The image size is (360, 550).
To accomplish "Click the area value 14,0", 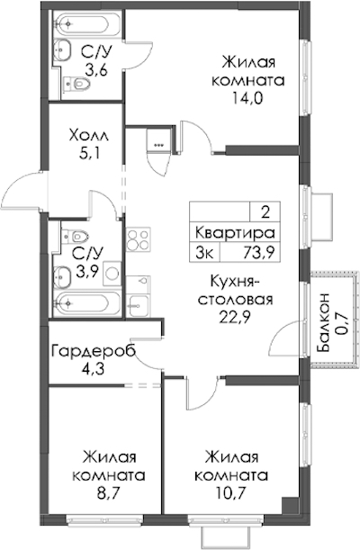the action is (247, 98).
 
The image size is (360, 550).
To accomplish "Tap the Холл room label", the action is (89, 135).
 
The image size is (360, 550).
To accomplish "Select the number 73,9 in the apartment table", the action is (259, 252).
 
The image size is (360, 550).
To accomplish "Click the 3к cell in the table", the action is (204, 252).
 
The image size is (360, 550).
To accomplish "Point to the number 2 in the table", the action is (265, 212).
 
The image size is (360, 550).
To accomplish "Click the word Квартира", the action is (235, 232).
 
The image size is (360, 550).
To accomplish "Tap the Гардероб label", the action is (94, 351).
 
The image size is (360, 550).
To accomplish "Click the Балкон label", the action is (323, 321).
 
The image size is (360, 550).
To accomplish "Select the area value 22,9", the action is (235, 318).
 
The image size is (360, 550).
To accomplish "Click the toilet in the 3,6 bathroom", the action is (76, 84).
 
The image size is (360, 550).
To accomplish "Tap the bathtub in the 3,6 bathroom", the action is (87, 23).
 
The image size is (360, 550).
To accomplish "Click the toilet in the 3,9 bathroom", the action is (75, 237).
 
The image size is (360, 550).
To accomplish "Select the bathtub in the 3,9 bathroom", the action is (87, 302).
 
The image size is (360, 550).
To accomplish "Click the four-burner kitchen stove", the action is (138, 239).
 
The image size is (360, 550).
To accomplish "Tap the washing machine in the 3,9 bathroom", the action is (112, 273).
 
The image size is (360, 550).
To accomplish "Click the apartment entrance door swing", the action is (22, 191).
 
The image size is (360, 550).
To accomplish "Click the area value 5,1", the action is (90, 153).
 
